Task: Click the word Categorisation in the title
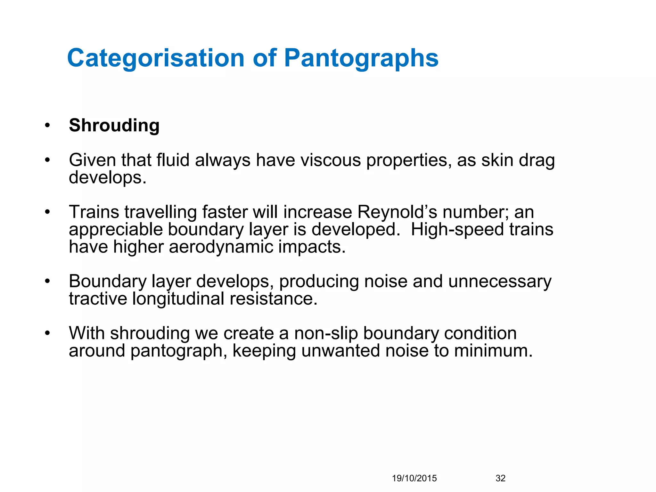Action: (x=156, y=58)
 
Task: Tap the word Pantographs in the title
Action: (x=361, y=58)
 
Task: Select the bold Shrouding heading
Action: (x=114, y=125)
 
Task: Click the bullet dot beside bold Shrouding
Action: (x=47, y=125)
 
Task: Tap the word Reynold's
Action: (x=397, y=212)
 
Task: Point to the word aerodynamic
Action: (x=221, y=247)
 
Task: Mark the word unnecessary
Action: (x=500, y=282)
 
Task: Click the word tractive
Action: (x=98, y=299)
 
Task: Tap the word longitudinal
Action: (x=178, y=299)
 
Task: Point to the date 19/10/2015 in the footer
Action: (x=414, y=478)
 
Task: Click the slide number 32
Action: (x=500, y=478)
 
